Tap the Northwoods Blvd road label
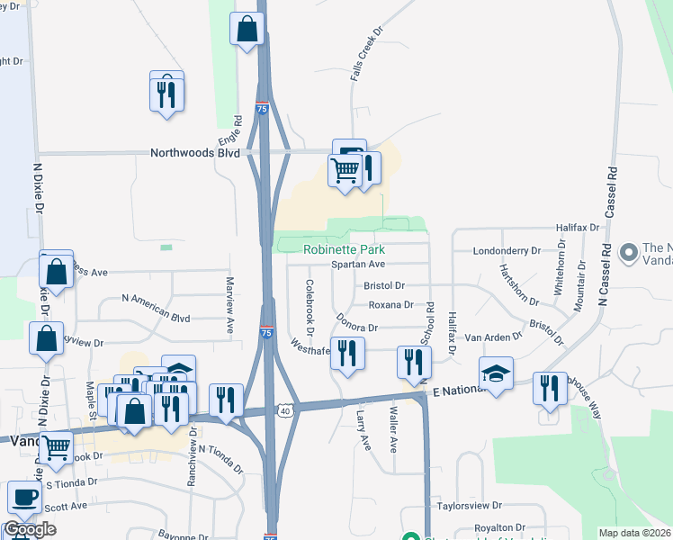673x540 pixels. pos(195,153)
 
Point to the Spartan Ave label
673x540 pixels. pos(357,265)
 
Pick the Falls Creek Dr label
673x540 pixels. pos(366,52)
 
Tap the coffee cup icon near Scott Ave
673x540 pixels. pos(24,496)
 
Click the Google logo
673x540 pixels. pos(30,528)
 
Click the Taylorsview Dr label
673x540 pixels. pos(469,507)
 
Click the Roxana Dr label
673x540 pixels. pos(390,305)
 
